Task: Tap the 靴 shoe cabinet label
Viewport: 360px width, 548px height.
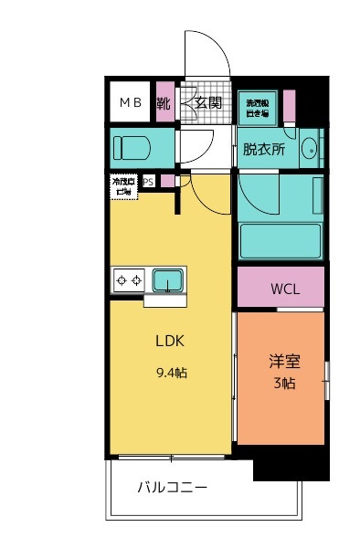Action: tap(164, 102)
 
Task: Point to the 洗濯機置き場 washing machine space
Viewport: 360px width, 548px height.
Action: tap(256, 106)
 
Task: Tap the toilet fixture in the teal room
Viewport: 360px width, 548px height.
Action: tap(137, 146)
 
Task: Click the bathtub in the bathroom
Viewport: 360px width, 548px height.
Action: tap(280, 241)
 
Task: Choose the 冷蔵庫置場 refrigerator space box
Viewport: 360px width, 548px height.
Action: tap(123, 186)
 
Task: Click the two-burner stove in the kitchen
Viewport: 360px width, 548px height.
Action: tap(129, 280)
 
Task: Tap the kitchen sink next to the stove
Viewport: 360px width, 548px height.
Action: tap(168, 280)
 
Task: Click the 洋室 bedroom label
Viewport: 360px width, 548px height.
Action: tap(282, 361)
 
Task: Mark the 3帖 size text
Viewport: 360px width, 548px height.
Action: tap(282, 384)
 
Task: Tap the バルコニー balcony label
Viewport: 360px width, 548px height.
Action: tap(173, 488)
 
